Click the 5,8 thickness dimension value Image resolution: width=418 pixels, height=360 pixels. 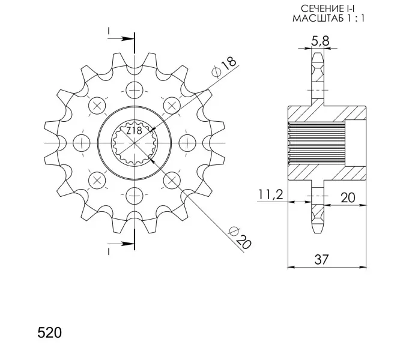(x=321, y=41)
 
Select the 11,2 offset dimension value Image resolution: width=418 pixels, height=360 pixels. (x=270, y=194)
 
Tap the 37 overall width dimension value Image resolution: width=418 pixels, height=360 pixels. (x=321, y=259)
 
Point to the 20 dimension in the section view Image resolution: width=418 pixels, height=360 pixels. (x=348, y=197)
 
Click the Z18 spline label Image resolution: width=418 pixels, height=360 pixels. (x=134, y=131)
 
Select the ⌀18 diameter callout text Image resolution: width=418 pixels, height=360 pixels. (x=224, y=67)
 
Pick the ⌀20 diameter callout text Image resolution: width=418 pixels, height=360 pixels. (x=240, y=238)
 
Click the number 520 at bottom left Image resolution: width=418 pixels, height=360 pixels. (x=50, y=332)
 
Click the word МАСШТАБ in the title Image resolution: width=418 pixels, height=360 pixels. (x=318, y=19)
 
